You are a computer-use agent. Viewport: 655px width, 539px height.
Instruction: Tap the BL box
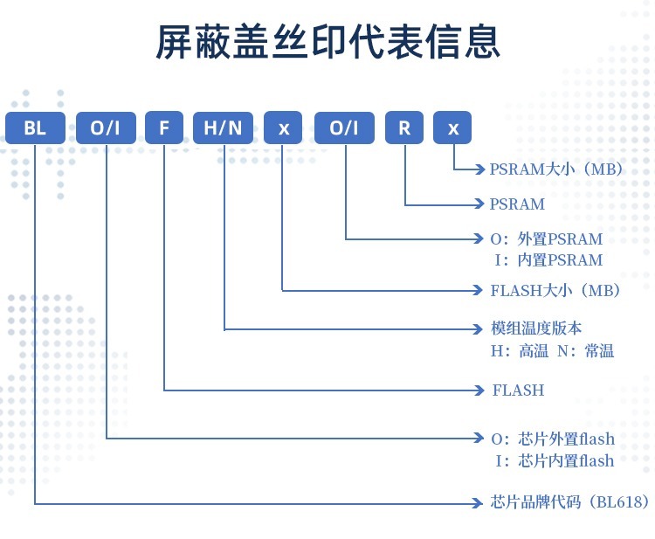point(35,128)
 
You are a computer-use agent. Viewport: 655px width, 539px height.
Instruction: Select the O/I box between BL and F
point(106,128)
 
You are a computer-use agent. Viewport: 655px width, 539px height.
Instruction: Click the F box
point(164,128)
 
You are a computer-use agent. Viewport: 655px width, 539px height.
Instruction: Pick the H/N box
point(224,128)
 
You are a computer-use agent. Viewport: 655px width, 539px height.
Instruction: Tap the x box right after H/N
point(283,128)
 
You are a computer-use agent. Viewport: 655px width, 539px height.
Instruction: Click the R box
point(403,128)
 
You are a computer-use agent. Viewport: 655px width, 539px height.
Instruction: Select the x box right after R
point(452,128)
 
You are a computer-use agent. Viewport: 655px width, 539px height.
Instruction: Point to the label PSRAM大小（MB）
point(556,169)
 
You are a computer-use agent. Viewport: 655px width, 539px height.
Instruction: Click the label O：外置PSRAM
point(548,238)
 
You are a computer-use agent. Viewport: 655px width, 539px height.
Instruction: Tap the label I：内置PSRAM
point(548,259)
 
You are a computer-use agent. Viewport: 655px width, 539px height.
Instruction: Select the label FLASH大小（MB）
point(555,290)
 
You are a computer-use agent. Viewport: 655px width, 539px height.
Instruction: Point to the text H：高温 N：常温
point(553,351)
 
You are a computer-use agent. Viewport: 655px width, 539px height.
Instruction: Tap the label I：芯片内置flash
point(554,460)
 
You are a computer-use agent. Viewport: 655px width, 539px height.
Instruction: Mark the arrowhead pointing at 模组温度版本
point(479,328)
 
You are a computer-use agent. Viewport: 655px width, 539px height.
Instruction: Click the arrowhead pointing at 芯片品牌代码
point(479,503)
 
